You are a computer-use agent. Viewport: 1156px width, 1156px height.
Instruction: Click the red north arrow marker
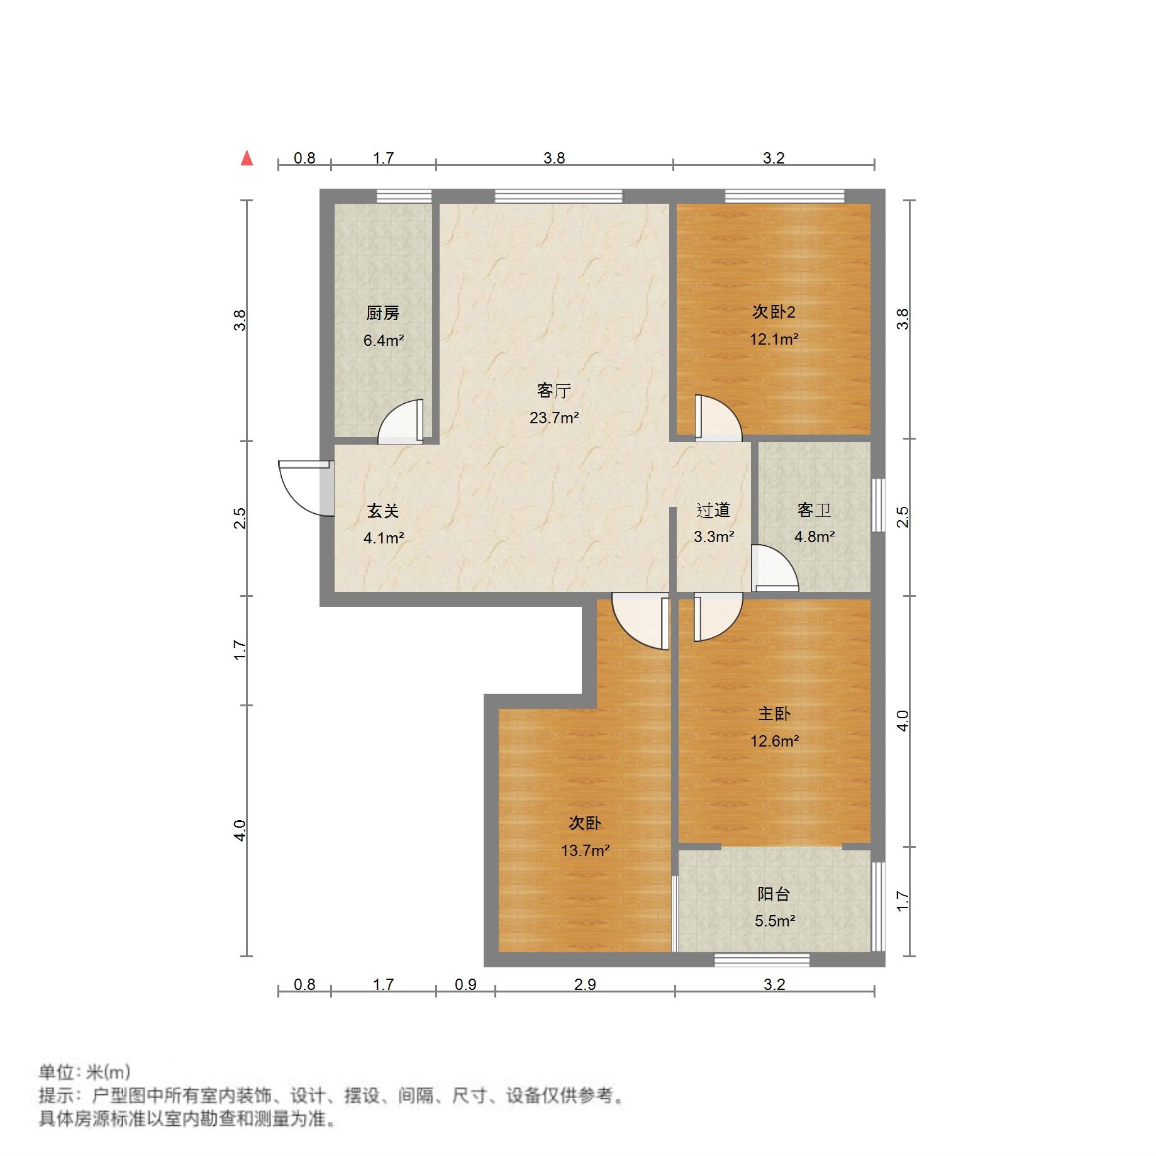click(247, 158)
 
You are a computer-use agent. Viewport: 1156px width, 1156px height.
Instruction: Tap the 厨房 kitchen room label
click(382, 313)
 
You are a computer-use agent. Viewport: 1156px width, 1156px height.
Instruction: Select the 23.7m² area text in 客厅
click(553, 418)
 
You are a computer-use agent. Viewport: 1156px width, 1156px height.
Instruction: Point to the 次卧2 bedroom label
click(774, 312)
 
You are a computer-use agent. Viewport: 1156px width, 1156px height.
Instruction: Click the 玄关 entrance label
click(383, 511)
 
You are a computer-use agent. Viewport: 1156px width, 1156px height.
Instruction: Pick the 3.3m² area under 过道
click(714, 536)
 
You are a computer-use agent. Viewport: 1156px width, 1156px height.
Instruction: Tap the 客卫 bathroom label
click(814, 509)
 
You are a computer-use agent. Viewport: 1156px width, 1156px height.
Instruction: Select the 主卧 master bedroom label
click(774, 713)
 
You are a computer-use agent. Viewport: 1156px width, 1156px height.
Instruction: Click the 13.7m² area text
click(585, 850)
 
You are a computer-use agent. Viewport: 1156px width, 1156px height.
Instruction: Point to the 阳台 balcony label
click(774, 894)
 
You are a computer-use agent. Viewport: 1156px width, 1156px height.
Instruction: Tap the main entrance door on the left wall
click(303, 489)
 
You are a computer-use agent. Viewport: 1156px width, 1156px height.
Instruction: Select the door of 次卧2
click(718, 418)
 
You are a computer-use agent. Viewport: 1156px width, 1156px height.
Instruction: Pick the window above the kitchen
click(404, 196)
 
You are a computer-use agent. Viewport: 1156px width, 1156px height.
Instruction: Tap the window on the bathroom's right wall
click(878, 505)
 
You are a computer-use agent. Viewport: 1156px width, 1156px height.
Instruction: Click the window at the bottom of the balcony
click(762, 960)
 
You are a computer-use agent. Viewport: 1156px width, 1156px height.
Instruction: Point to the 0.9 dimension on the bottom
click(465, 984)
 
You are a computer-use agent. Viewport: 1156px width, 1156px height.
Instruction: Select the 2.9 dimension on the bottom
click(585, 984)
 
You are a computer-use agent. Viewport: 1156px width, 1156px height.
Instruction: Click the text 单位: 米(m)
click(84, 1072)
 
